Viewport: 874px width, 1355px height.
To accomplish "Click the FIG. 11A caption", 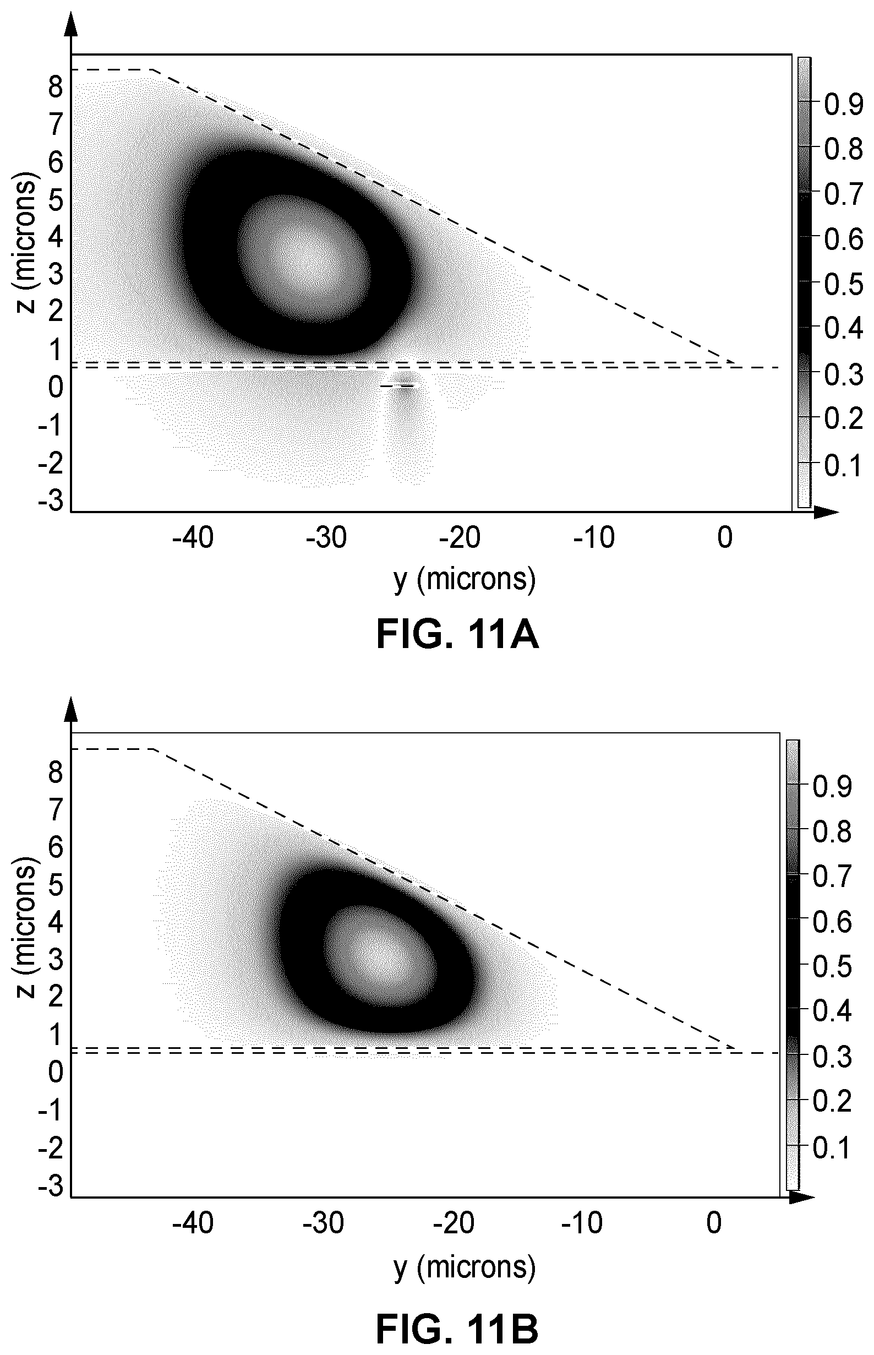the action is coord(457,636).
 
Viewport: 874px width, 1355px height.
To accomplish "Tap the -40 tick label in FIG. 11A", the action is coord(193,537).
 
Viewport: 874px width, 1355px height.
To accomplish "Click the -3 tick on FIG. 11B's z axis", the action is coord(51,1187).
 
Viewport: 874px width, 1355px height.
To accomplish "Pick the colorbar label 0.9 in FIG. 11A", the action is coord(843,105).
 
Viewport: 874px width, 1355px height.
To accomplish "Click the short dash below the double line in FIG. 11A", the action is coord(397,386).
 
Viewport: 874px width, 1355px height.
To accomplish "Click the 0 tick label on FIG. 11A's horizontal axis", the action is coord(725,537).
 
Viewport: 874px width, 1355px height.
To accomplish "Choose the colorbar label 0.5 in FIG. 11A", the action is coord(843,285).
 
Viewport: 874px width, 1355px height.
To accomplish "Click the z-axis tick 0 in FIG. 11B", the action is coord(56,1073).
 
